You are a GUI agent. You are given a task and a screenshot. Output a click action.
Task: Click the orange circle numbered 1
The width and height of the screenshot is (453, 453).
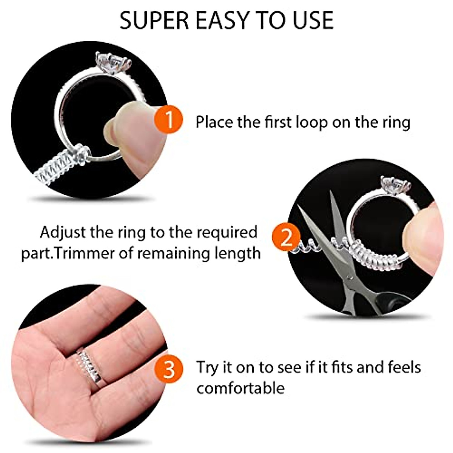[169, 120]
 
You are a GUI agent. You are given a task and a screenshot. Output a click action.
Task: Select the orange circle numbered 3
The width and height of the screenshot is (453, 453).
[169, 368]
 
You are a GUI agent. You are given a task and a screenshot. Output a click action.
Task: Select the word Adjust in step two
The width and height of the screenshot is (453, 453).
[63, 233]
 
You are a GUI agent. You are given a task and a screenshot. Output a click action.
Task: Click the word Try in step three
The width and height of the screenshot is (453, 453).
[208, 368]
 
